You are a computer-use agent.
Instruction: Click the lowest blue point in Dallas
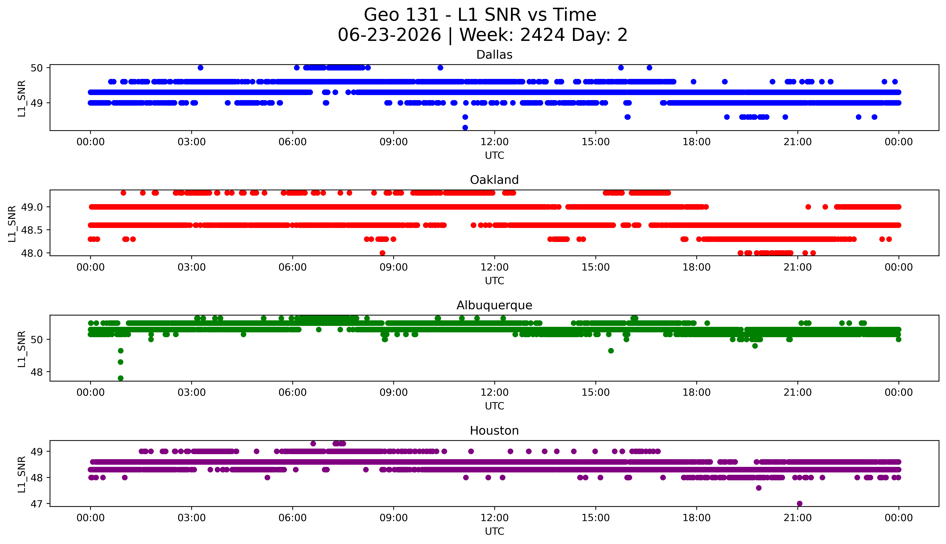(465, 127)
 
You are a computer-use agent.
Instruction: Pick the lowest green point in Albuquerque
(120, 378)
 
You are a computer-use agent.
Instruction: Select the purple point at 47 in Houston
(799, 503)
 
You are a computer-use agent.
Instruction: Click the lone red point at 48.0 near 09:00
(382, 253)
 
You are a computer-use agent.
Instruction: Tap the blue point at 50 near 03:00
(201, 68)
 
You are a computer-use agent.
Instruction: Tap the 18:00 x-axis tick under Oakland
(697, 267)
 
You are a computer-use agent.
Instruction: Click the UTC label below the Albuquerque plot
(494, 406)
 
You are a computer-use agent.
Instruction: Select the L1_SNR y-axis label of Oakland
(12, 223)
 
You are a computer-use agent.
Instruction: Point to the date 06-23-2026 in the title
(389, 35)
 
